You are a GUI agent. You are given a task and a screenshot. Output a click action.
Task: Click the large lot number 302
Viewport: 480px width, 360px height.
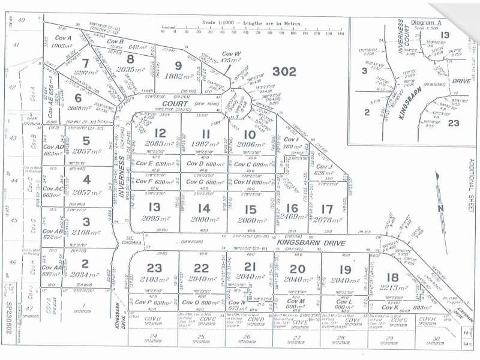pos(284,71)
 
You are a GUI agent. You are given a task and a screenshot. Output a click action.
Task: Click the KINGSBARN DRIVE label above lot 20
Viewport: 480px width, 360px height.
pos(308,243)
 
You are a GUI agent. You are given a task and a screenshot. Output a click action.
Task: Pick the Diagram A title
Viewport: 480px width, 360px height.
pos(427,22)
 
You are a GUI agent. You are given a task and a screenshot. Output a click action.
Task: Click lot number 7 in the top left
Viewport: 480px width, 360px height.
pos(85,63)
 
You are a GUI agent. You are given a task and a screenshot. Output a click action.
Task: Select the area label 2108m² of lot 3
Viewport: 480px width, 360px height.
pos(85,233)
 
